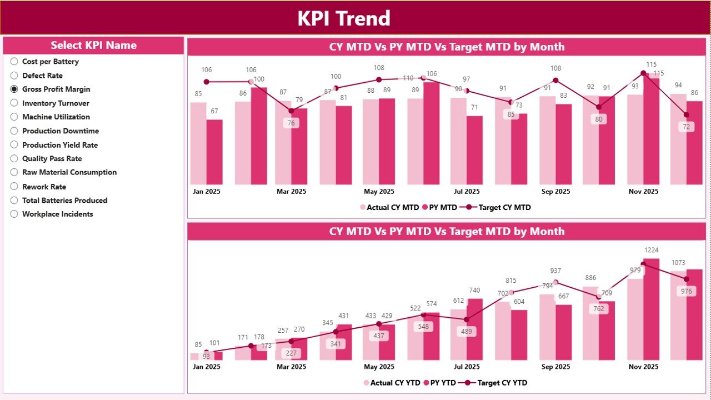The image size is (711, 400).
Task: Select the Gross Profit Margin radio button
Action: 14,89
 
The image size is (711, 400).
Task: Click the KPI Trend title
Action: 344,18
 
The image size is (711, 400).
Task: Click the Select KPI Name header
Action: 93,46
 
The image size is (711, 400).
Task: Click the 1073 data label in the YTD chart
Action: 678,262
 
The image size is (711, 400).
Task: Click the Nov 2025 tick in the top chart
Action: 643,192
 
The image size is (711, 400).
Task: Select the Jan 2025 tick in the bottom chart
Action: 207,367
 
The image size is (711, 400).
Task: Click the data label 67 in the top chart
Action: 214,111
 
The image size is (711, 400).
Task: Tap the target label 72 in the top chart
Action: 687,127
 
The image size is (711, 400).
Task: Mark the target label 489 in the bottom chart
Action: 467,332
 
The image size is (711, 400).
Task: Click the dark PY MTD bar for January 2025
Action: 214,152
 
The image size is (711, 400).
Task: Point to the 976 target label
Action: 687,291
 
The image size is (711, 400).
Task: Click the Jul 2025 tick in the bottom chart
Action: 467,367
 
